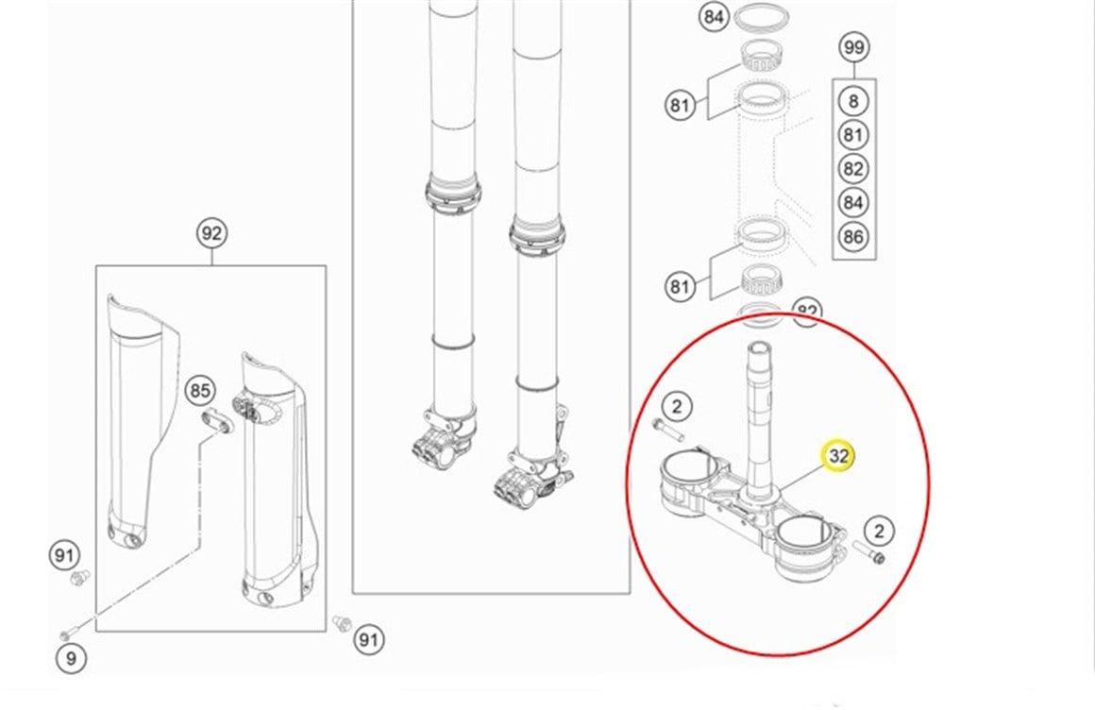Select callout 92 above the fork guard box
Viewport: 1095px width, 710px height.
pyautogui.click(x=212, y=233)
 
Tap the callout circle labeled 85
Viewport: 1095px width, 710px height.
pyautogui.click(x=199, y=389)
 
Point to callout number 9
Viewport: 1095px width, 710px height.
pyautogui.click(x=71, y=658)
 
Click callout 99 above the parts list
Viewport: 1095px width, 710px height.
pyautogui.click(x=853, y=47)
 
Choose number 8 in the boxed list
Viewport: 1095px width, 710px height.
pyautogui.click(x=853, y=101)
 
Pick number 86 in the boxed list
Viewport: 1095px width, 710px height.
pyautogui.click(x=853, y=236)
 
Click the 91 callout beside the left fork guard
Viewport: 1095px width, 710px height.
pyautogui.click(x=63, y=555)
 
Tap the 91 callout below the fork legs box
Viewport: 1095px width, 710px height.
pyautogui.click(x=369, y=640)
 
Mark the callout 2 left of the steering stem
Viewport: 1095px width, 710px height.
pyautogui.click(x=676, y=407)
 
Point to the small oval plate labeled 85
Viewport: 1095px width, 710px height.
pyautogui.click(x=215, y=421)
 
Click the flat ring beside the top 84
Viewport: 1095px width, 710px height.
pyautogui.click(x=763, y=18)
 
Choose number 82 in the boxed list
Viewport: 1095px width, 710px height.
pyautogui.click(x=853, y=169)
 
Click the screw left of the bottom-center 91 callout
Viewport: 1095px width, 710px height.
pyautogui.click(x=344, y=623)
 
